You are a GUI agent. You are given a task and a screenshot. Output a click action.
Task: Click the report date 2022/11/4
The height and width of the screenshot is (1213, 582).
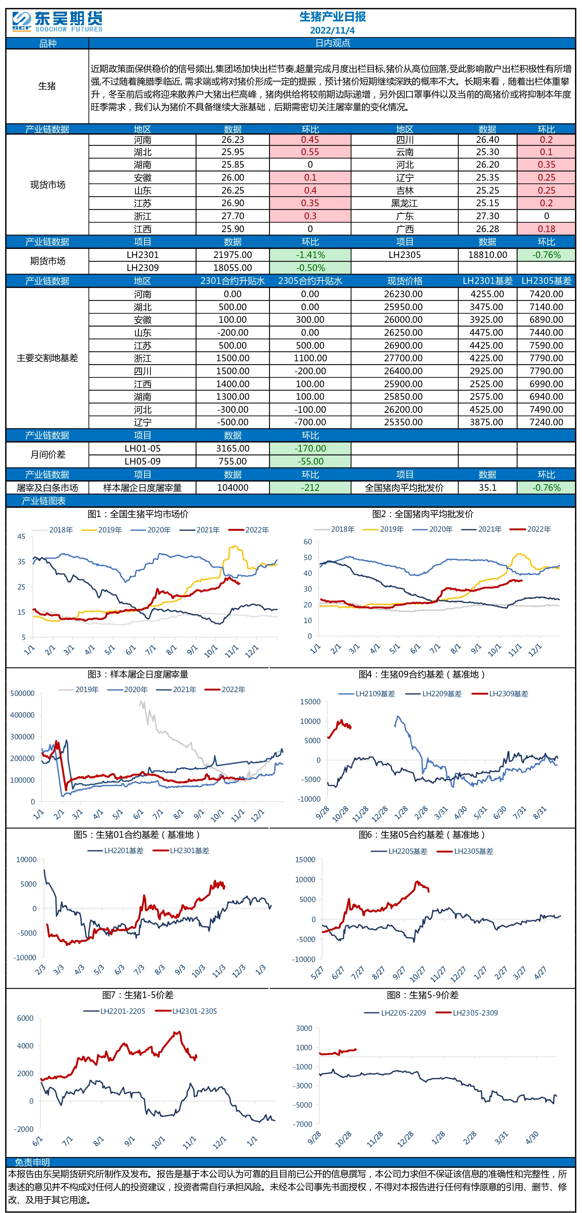[x=332, y=30]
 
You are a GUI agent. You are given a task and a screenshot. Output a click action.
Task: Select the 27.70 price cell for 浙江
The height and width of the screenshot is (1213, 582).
[x=233, y=216]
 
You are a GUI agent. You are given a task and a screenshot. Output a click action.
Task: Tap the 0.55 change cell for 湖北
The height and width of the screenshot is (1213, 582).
[x=310, y=152]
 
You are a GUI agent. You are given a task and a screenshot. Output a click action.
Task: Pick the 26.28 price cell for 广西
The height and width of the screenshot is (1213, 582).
[x=488, y=229]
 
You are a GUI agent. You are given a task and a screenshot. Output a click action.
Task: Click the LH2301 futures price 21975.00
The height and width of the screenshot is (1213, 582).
[x=233, y=255]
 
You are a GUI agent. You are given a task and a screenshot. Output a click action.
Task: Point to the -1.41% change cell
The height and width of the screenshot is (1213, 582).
[x=310, y=255]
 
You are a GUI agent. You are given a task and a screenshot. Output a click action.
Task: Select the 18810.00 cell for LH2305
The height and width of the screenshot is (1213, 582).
[x=488, y=255]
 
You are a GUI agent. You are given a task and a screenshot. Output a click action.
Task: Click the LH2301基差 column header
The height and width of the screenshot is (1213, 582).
[x=488, y=281]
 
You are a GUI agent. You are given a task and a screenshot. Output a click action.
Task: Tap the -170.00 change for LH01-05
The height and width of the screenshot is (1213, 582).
[x=310, y=449]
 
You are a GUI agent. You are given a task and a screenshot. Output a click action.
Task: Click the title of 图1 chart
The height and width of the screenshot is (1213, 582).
[x=138, y=514]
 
